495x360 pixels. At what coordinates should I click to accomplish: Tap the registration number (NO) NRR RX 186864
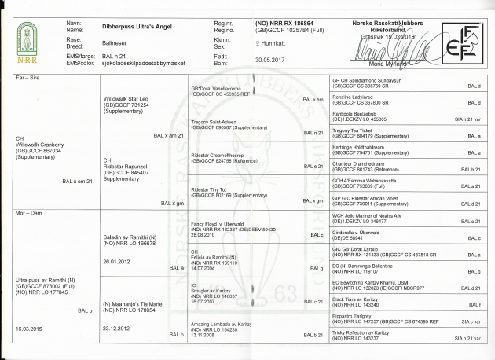coord(284,26)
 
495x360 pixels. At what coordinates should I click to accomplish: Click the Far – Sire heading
coord(29,79)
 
